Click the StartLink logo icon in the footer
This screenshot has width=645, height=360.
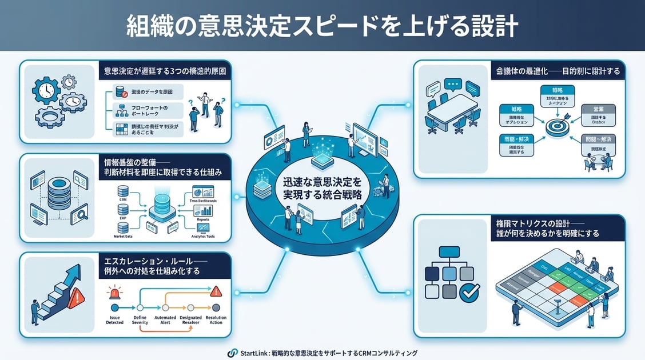232,353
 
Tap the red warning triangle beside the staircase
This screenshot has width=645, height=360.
74,298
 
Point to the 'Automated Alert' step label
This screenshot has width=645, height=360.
166,320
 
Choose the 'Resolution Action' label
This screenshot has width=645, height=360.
216,320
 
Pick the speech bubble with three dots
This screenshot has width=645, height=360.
452,85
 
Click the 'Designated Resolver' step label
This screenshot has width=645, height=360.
190,320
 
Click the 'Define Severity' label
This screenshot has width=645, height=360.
140,320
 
